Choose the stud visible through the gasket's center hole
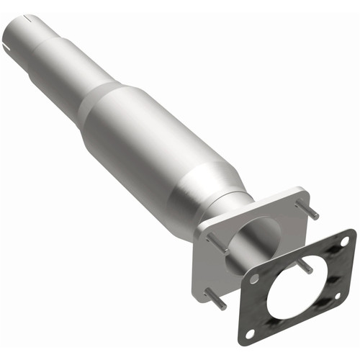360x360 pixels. click(x=305, y=267)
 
